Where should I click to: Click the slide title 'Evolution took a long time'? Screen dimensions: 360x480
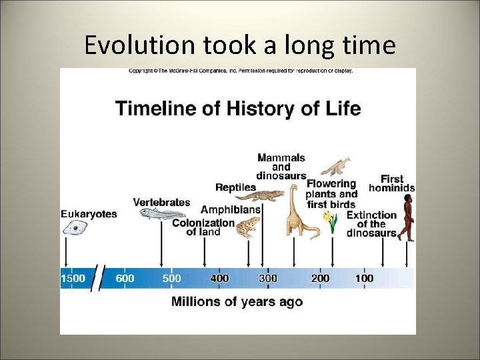[240, 45]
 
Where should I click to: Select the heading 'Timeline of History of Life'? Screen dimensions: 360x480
[238, 108]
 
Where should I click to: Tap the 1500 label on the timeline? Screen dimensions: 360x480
[73, 278]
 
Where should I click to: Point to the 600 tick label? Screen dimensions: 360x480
[125, 278]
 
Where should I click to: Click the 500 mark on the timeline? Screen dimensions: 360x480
[171, 278]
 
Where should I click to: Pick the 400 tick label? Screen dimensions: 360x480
[219, 278]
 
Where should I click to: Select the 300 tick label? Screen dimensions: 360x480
[268, 278]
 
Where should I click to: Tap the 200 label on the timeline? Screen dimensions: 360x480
[320, 278]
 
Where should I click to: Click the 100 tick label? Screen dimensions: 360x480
[364, 278]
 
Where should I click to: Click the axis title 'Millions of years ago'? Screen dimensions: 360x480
[237, 302]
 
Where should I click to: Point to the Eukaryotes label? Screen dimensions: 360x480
[89, 214]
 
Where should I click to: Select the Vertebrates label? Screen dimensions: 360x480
[161, 202]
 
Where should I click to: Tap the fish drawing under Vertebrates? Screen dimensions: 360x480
[160, 213]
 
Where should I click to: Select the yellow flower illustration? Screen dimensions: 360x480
[331, 221]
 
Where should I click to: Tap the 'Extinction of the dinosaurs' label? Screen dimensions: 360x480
[372, 224]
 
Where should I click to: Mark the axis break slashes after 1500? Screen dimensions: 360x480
[99, 277]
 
